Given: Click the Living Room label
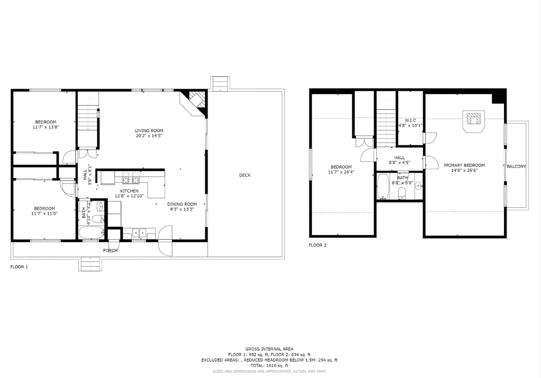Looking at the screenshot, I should [149, 131].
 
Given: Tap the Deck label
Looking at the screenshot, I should [245, 175].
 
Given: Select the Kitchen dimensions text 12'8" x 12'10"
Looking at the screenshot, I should [129, 196].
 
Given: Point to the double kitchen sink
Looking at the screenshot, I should [138, 233].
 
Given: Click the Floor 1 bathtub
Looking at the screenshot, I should [92, 233].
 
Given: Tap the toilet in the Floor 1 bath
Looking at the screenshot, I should [97, 219].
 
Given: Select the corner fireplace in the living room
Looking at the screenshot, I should [196, 102].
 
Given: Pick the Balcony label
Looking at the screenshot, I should [516, 166].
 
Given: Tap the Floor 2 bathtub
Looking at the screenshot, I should [383, 186].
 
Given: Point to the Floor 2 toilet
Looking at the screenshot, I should [402, 195].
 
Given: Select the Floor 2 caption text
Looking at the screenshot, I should [317, 245].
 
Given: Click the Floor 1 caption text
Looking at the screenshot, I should [19, 267].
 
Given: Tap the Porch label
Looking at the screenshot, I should [110, 250].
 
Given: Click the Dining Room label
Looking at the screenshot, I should [182, 204].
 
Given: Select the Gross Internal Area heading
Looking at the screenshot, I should [269, 349].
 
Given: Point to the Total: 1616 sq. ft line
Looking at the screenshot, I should [269, 366].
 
